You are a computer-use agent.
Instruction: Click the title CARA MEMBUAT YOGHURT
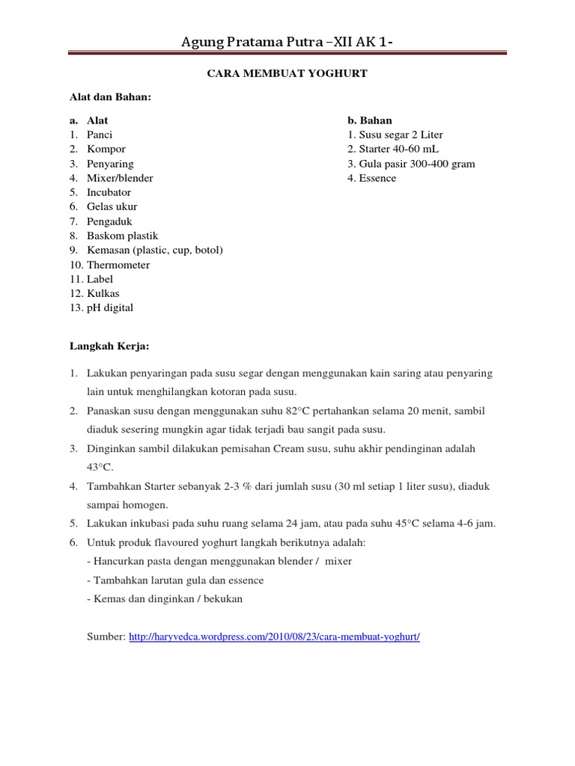pyautogui.click(x=287, y=73)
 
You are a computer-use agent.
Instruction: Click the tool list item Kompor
pyautogui.click(x=106, y=149)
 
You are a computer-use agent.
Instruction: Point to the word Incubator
pyautogui.click(x=109, y=192)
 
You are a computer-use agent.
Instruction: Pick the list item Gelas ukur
pyautogui.click(x=112, y=206)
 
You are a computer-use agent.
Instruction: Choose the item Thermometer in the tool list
pyautogui.click(x=118, y=265)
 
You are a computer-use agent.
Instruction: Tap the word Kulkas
pyautogui.click(x=103, y=293)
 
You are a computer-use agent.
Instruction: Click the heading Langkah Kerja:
pyautogui.click(x=109, y=346)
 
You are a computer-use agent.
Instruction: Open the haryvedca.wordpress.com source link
pyautogui.click(x=275, y=637)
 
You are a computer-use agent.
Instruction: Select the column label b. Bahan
pyautogui.click(x=370, y=120)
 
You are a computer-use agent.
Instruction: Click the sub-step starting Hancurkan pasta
pyautogui.click(x=219, y=560)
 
